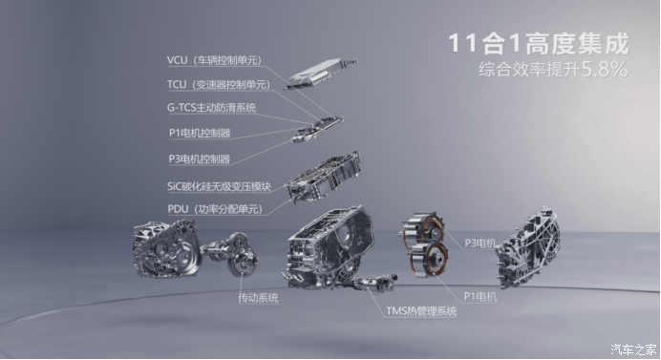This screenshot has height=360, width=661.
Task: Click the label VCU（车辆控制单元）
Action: tap(215, 60)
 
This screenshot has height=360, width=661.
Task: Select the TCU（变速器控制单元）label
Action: tap(219, 85)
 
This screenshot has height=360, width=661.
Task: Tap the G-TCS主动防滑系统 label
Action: tap(211, 108)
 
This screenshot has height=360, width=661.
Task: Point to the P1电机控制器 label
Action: tap(200, 133)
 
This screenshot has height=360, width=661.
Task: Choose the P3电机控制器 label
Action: tap(200, 159)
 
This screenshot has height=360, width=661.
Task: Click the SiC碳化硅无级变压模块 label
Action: tap(219, 186)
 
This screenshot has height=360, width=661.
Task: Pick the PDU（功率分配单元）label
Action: tap(216, 209)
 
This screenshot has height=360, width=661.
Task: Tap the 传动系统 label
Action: tap(258, 298)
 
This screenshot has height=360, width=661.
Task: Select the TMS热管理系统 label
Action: tap(421, 311)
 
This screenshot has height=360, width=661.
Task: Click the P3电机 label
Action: tap(480, 243)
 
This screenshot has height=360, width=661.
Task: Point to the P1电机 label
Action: tap(480, 297)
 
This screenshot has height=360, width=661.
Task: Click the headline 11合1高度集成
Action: tap(539, 43)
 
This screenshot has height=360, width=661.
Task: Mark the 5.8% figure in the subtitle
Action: tap(605, 69)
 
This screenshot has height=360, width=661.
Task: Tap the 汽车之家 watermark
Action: tap(633, 349)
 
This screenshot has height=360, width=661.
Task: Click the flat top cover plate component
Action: tap(321, 74)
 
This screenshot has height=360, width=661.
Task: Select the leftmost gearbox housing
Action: tap(167, 249)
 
